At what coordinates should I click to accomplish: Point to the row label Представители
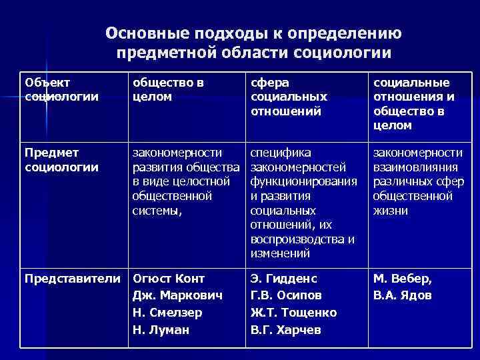(73, 278)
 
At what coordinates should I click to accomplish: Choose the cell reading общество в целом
(168, 89)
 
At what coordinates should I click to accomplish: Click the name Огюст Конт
(169, 278)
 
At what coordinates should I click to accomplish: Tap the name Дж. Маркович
(177, 295)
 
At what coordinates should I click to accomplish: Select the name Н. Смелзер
(167, 312)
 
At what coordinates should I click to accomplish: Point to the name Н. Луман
(161, 329)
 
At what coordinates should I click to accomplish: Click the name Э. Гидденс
(284, 278)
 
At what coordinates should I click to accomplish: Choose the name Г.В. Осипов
(286, 295)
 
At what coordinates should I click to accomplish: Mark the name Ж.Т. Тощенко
(293, 312)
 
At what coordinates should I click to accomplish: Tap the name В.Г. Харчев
(285, 329)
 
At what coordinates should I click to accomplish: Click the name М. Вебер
(402, 278)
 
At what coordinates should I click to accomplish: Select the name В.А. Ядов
(402, 295)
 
